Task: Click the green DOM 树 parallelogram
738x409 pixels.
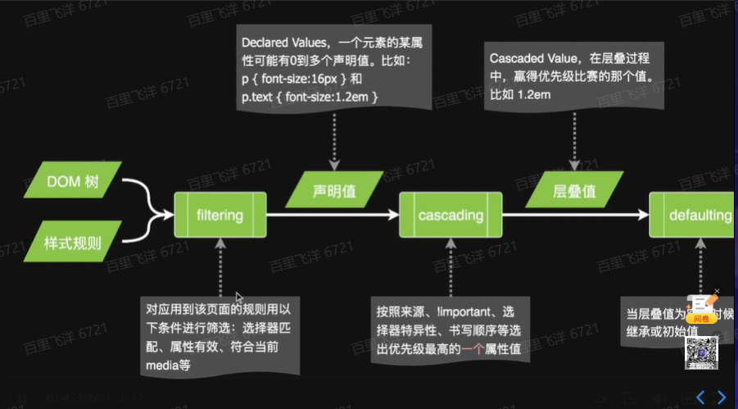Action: [x=73, y=182]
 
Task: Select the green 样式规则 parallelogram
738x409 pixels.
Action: [x=73, y=243]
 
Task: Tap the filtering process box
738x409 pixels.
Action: [x=220, y=216]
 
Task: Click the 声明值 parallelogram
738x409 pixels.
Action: [x=334, y=191]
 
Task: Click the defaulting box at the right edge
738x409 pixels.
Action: [x=695, y=216]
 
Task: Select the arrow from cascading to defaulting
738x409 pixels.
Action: [x=573, y=216]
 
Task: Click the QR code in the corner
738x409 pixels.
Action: [x=700, y=351]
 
